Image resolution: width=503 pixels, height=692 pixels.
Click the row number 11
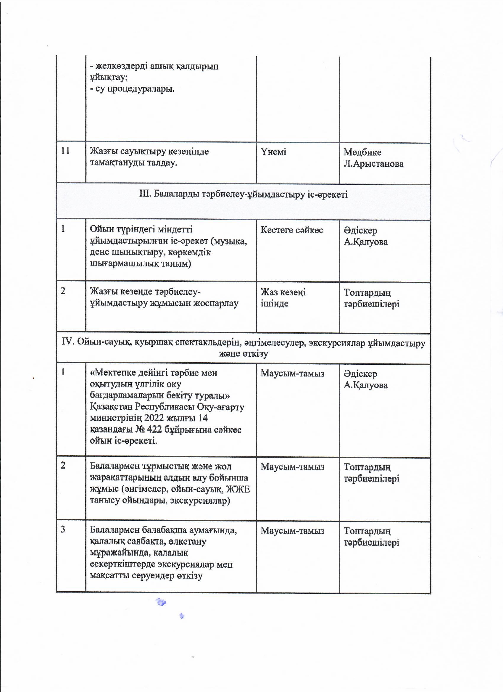tap(66, 151)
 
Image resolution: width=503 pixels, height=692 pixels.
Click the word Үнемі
tap(273, 152)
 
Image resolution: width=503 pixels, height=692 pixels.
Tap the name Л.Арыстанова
tap(373, 164)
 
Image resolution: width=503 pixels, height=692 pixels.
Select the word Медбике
tap(362, 152)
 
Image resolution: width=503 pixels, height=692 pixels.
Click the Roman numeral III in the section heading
tap(145, 194)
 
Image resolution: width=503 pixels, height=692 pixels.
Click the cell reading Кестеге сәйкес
tap(292, 230)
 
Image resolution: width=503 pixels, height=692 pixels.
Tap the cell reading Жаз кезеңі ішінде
tap(283, 298)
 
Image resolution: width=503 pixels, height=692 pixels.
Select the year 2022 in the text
tap(162, 418)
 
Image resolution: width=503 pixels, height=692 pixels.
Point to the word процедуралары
tap(135, 89)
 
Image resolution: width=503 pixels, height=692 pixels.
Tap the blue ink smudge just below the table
tap(161, 602)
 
